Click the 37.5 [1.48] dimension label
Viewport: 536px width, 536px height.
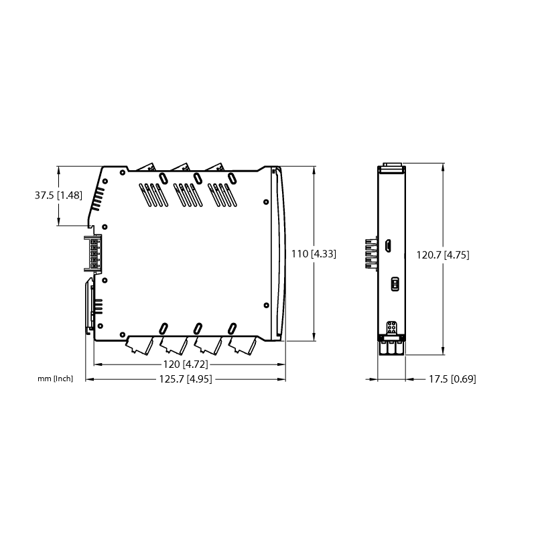pyautogui.click(x=58, y=196)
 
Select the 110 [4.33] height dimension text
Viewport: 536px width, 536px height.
pyautogui.click(x=314, y=254)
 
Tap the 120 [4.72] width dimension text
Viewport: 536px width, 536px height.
pyautogui.click(x=186, y=364)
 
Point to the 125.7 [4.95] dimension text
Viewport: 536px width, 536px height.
pyautogui.click(x=186, y=379)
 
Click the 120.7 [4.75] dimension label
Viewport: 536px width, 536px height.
pyautogui.click(x=443, y=255)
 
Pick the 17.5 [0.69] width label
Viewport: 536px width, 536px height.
pyautogui.click(x=452, y=379)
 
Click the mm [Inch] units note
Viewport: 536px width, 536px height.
pyautogui.click(x=56, y=379)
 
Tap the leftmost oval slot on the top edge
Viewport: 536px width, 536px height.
pyautogui.click(x=163, y=178)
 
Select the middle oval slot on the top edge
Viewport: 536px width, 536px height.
pyautogui.click(x=197, y=178)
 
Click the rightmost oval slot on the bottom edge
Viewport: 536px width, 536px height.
pyautogui.click(x=232, y=328)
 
